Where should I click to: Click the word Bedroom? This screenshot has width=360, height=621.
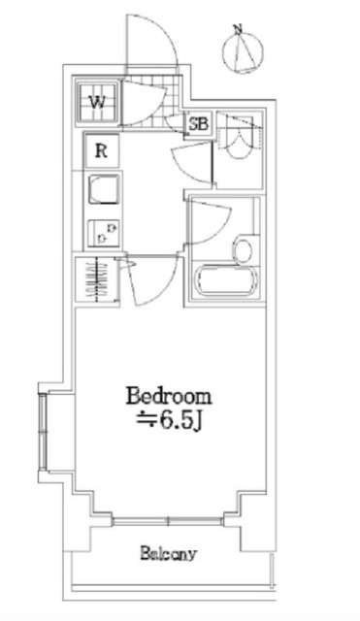pos(169,397)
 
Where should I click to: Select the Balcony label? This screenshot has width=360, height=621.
pos(168,553)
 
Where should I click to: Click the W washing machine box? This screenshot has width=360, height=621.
pos(97,103)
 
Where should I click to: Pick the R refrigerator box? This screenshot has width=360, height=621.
pos(101,151)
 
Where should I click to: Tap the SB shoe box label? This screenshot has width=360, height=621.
pos(198,124)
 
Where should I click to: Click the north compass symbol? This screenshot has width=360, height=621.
pos(243,51)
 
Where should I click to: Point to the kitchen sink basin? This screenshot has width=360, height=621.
pos(104,189)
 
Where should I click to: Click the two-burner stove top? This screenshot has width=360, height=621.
pos(103,233)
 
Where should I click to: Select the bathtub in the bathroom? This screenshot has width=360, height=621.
pos(226,280)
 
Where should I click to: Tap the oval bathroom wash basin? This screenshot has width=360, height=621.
pos(244,249)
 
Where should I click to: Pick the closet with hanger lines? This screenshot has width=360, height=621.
pos(97,279)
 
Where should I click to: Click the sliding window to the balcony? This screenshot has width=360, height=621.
pos(168,521)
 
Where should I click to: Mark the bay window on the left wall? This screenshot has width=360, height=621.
pos(43,432)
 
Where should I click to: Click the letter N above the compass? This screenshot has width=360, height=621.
pos(238,29)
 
